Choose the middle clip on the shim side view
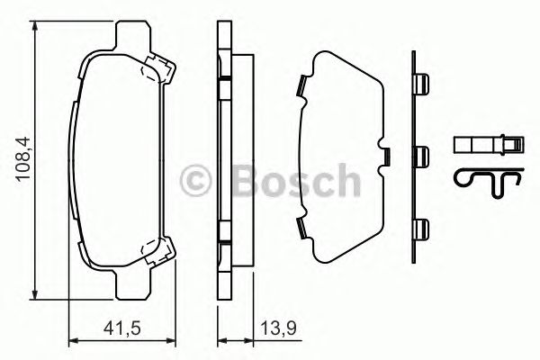(x=420, y=154)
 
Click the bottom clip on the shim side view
(x=420, y=228)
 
